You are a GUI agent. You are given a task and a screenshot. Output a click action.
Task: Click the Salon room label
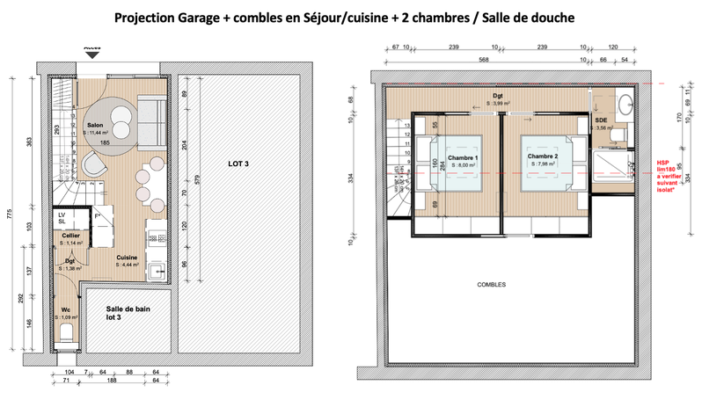[x=95, y=125]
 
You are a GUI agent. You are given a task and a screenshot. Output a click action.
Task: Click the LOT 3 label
[x=238, y=164]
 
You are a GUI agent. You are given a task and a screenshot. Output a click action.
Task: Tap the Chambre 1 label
[x=464, y=157]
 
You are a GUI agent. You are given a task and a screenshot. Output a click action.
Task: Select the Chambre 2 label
[x=545, y=157]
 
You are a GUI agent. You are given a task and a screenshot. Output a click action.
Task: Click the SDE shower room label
[x=602, y=119]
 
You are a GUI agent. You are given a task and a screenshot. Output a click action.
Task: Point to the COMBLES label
[x=492, y=286]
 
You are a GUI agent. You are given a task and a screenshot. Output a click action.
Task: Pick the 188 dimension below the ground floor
[x=113, y=382]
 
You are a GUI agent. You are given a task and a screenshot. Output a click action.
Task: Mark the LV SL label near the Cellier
[x=62, y=217]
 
